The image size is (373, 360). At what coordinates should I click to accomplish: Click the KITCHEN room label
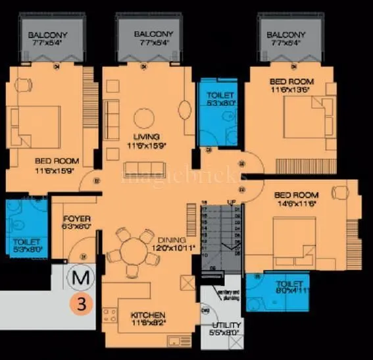148,315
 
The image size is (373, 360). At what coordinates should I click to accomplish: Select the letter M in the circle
80,278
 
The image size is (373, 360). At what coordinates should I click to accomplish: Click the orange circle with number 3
80,304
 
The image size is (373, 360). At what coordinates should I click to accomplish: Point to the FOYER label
77,219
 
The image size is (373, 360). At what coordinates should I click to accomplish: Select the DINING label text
172,240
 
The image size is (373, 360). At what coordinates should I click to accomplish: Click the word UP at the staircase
231,201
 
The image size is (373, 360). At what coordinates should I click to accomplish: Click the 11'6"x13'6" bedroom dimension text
293,91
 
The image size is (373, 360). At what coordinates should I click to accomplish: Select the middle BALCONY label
153,34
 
